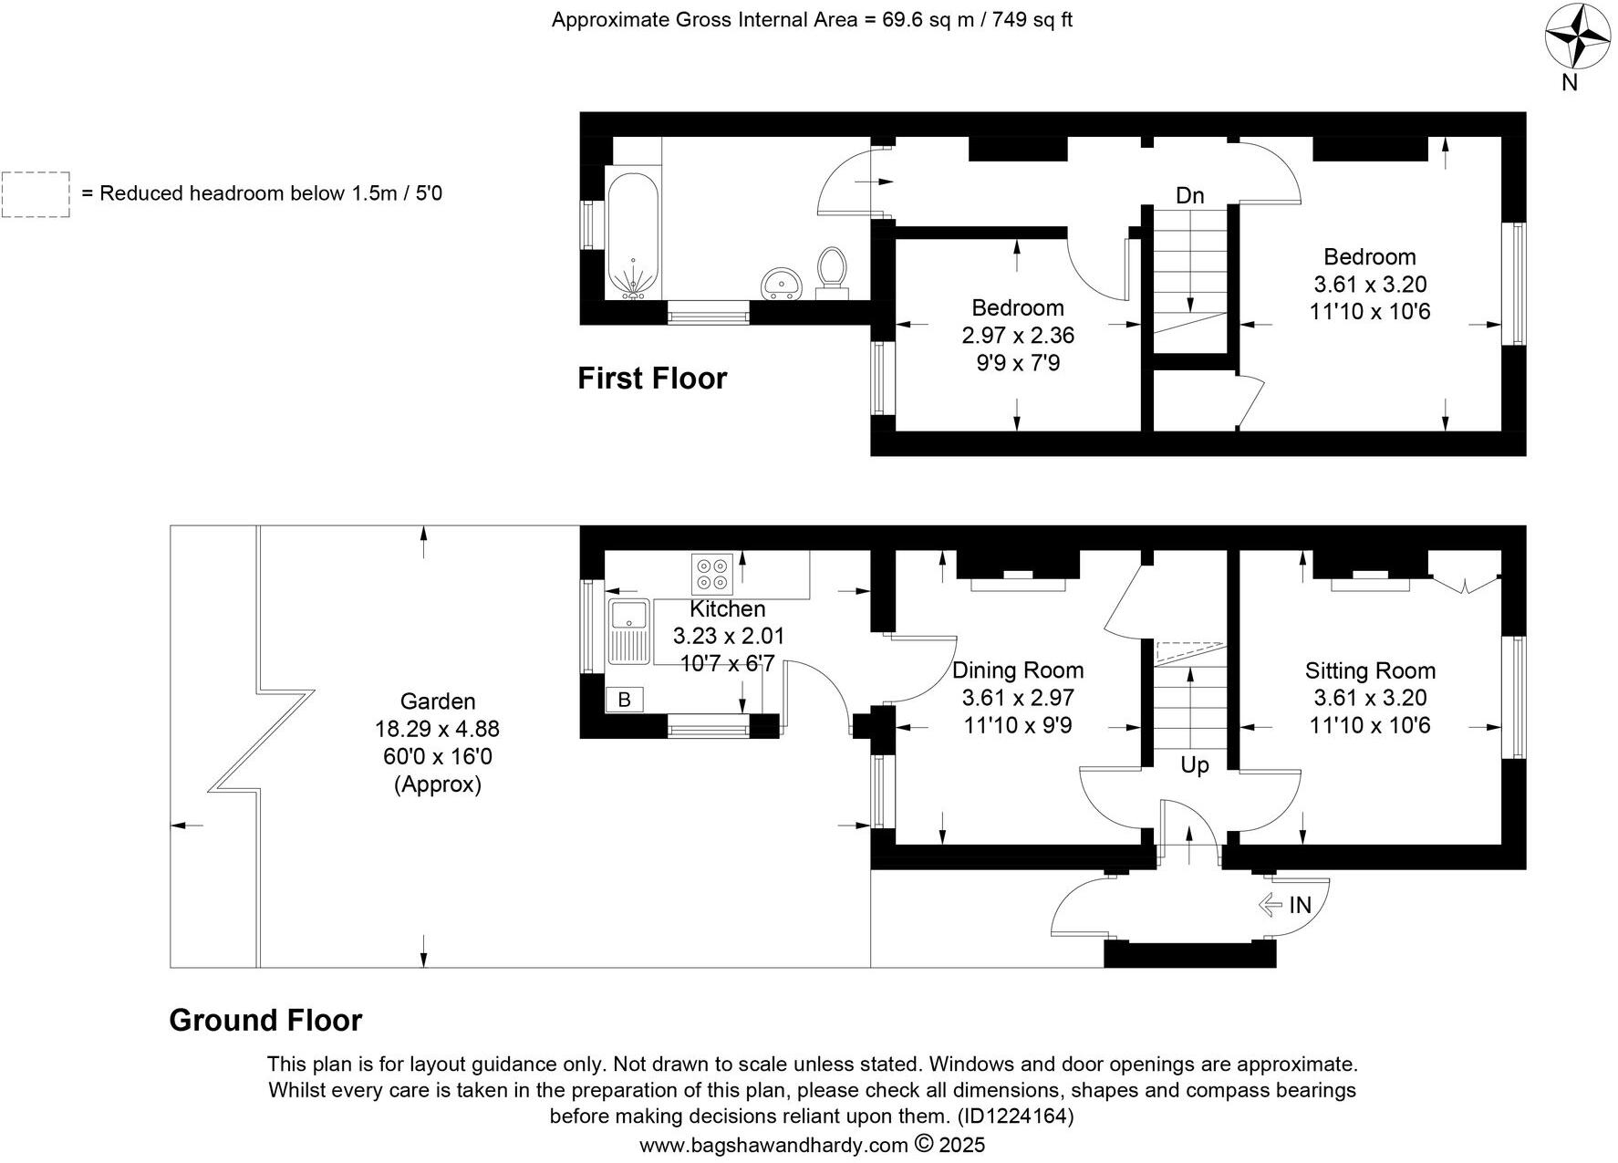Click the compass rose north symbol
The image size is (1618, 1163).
1578,36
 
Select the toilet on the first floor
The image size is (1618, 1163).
831,273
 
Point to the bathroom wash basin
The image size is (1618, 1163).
780,283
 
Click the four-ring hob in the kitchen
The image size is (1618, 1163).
712,573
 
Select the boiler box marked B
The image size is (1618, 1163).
625,700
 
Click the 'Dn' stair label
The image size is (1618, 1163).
1189,196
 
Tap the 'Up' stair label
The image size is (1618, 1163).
1194,765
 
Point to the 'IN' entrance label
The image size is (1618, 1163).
1300,905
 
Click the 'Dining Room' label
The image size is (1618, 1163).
1018,670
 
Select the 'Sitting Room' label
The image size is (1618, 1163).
1370,671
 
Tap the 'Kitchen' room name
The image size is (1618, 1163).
727,608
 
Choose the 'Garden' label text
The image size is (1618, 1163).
438,701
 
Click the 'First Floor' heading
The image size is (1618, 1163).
652,379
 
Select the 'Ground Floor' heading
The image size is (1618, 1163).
265,1020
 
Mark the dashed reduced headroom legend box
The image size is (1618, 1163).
36,194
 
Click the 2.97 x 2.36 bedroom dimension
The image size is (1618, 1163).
1018,336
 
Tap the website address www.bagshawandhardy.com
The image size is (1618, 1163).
773,1145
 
